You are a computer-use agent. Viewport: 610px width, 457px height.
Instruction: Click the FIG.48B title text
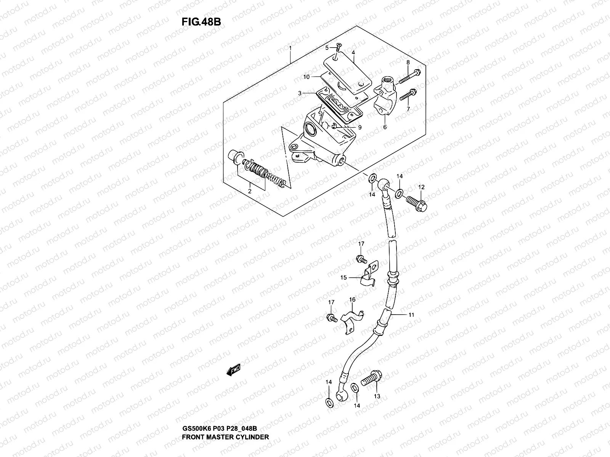point(201,22)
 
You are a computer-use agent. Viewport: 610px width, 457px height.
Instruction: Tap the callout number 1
point(290,48)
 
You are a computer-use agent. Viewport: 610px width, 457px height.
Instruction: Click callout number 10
point(306,77)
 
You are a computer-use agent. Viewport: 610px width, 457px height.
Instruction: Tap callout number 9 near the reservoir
point(359,128)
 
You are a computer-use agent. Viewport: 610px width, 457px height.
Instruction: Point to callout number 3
point(300,93)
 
